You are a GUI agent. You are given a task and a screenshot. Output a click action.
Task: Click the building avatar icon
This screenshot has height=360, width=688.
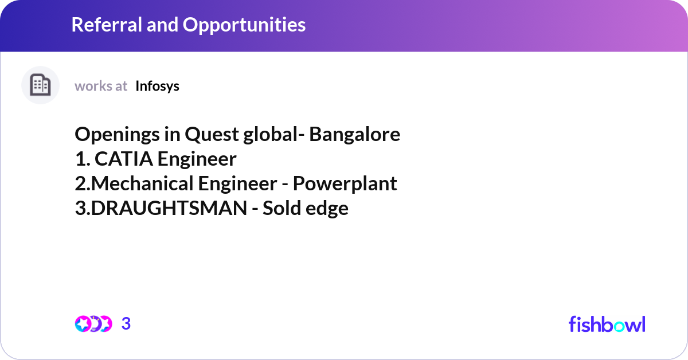click(40, 85)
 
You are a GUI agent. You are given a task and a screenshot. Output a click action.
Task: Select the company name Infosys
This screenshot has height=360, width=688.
click(157, 86)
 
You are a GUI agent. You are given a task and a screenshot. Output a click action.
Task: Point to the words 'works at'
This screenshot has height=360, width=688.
click(101, 86)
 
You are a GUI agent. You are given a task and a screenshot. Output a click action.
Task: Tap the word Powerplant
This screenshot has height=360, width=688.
click(345, 183)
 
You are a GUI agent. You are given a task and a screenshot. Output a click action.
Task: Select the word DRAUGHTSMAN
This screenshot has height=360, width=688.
click(169, 208)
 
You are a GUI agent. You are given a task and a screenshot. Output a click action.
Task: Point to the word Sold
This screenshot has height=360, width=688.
click(281, 208)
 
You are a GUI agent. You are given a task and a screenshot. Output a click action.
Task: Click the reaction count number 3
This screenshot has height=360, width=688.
click(126, 324)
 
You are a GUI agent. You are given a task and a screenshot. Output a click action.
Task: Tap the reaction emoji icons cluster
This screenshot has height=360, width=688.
click(93, 324)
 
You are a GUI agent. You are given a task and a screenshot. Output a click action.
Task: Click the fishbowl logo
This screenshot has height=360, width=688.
click(607, 324)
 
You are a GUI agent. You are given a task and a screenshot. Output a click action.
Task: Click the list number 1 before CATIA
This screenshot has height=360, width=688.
click(80, 159)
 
